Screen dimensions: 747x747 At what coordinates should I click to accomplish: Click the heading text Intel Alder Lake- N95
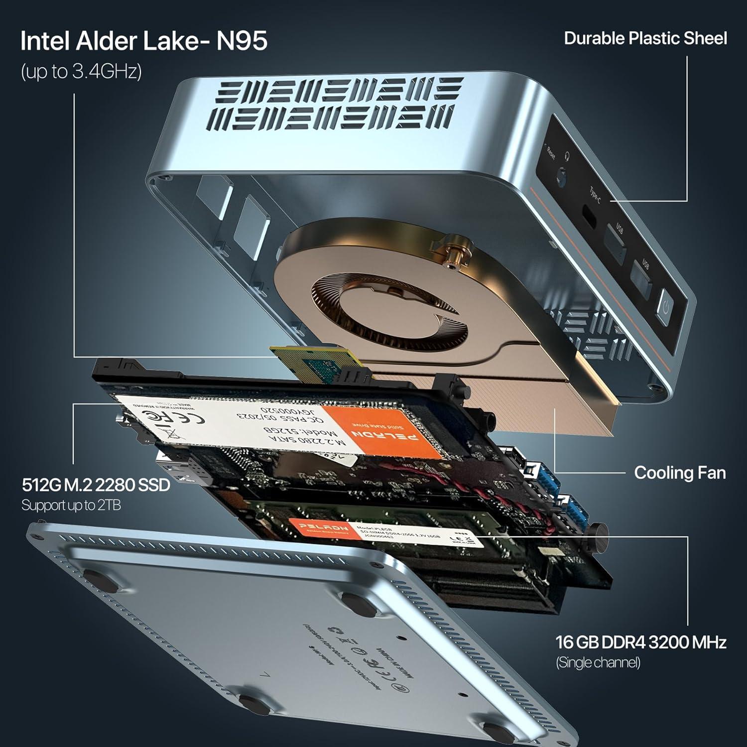143,41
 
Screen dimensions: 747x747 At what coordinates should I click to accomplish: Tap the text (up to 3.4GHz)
81,72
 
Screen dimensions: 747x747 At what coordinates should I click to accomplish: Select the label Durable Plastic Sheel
645,39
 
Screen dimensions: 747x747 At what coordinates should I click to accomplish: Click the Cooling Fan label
679,473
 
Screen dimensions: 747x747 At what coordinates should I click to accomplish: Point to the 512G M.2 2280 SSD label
96,485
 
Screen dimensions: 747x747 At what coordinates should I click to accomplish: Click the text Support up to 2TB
71,505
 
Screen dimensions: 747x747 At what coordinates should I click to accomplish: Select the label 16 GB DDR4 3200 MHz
640,642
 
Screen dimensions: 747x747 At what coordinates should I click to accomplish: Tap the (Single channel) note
598,663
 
